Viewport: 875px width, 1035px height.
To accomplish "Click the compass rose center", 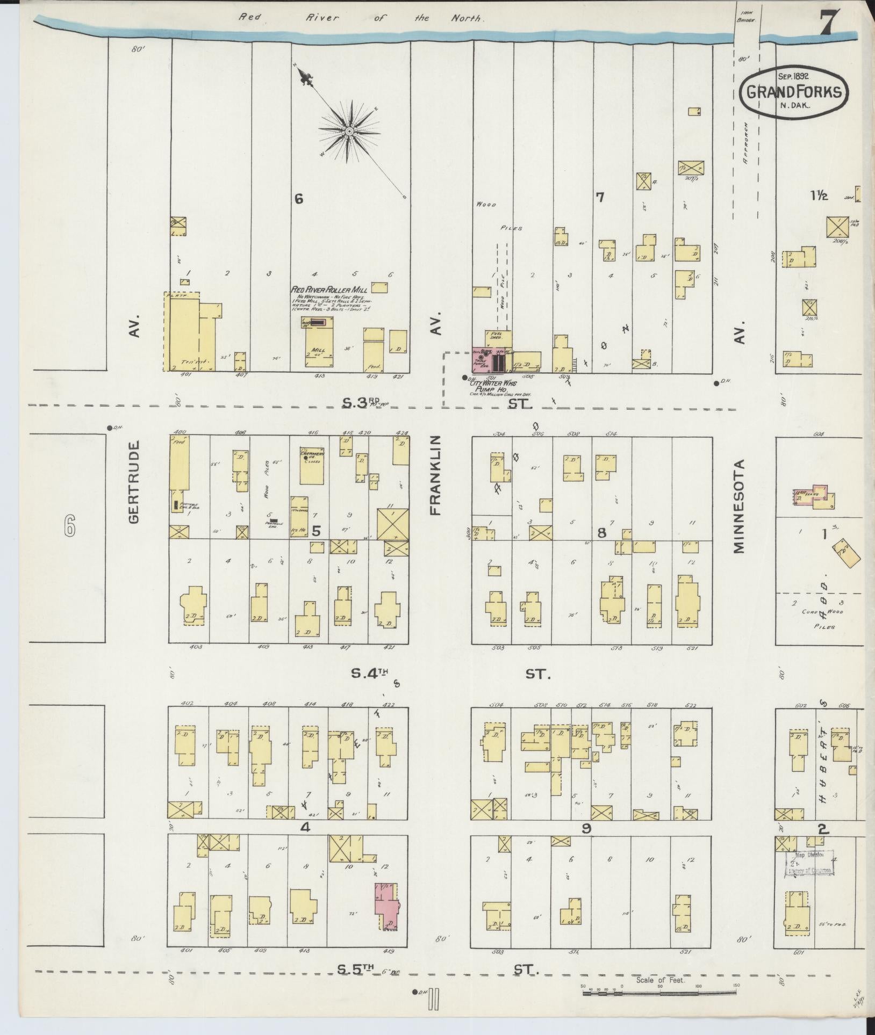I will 349,131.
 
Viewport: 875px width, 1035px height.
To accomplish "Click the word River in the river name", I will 322,18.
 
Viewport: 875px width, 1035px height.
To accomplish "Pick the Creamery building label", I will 311,454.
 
